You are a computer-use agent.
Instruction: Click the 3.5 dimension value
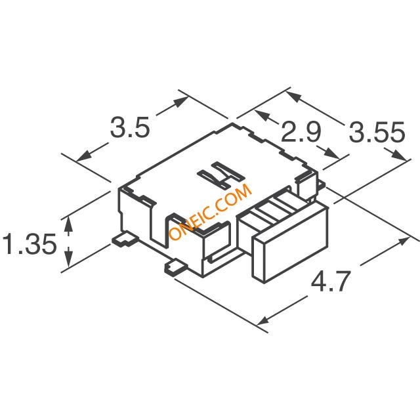[x=129, y=127]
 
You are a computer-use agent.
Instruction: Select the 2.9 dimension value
[x=301, y=132]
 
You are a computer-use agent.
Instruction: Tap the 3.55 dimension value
[x=377, y=132]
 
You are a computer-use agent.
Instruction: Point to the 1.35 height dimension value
[x=30, y=243]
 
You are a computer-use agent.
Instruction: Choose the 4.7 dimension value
[x=331, y=282]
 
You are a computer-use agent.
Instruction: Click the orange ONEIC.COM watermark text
[x=211, y=211]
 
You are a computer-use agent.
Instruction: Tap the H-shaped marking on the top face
[x=221, y=175]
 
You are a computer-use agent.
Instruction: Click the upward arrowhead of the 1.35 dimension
[x=69, y=223]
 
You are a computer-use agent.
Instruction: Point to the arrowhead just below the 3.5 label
[x=83, y=157]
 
